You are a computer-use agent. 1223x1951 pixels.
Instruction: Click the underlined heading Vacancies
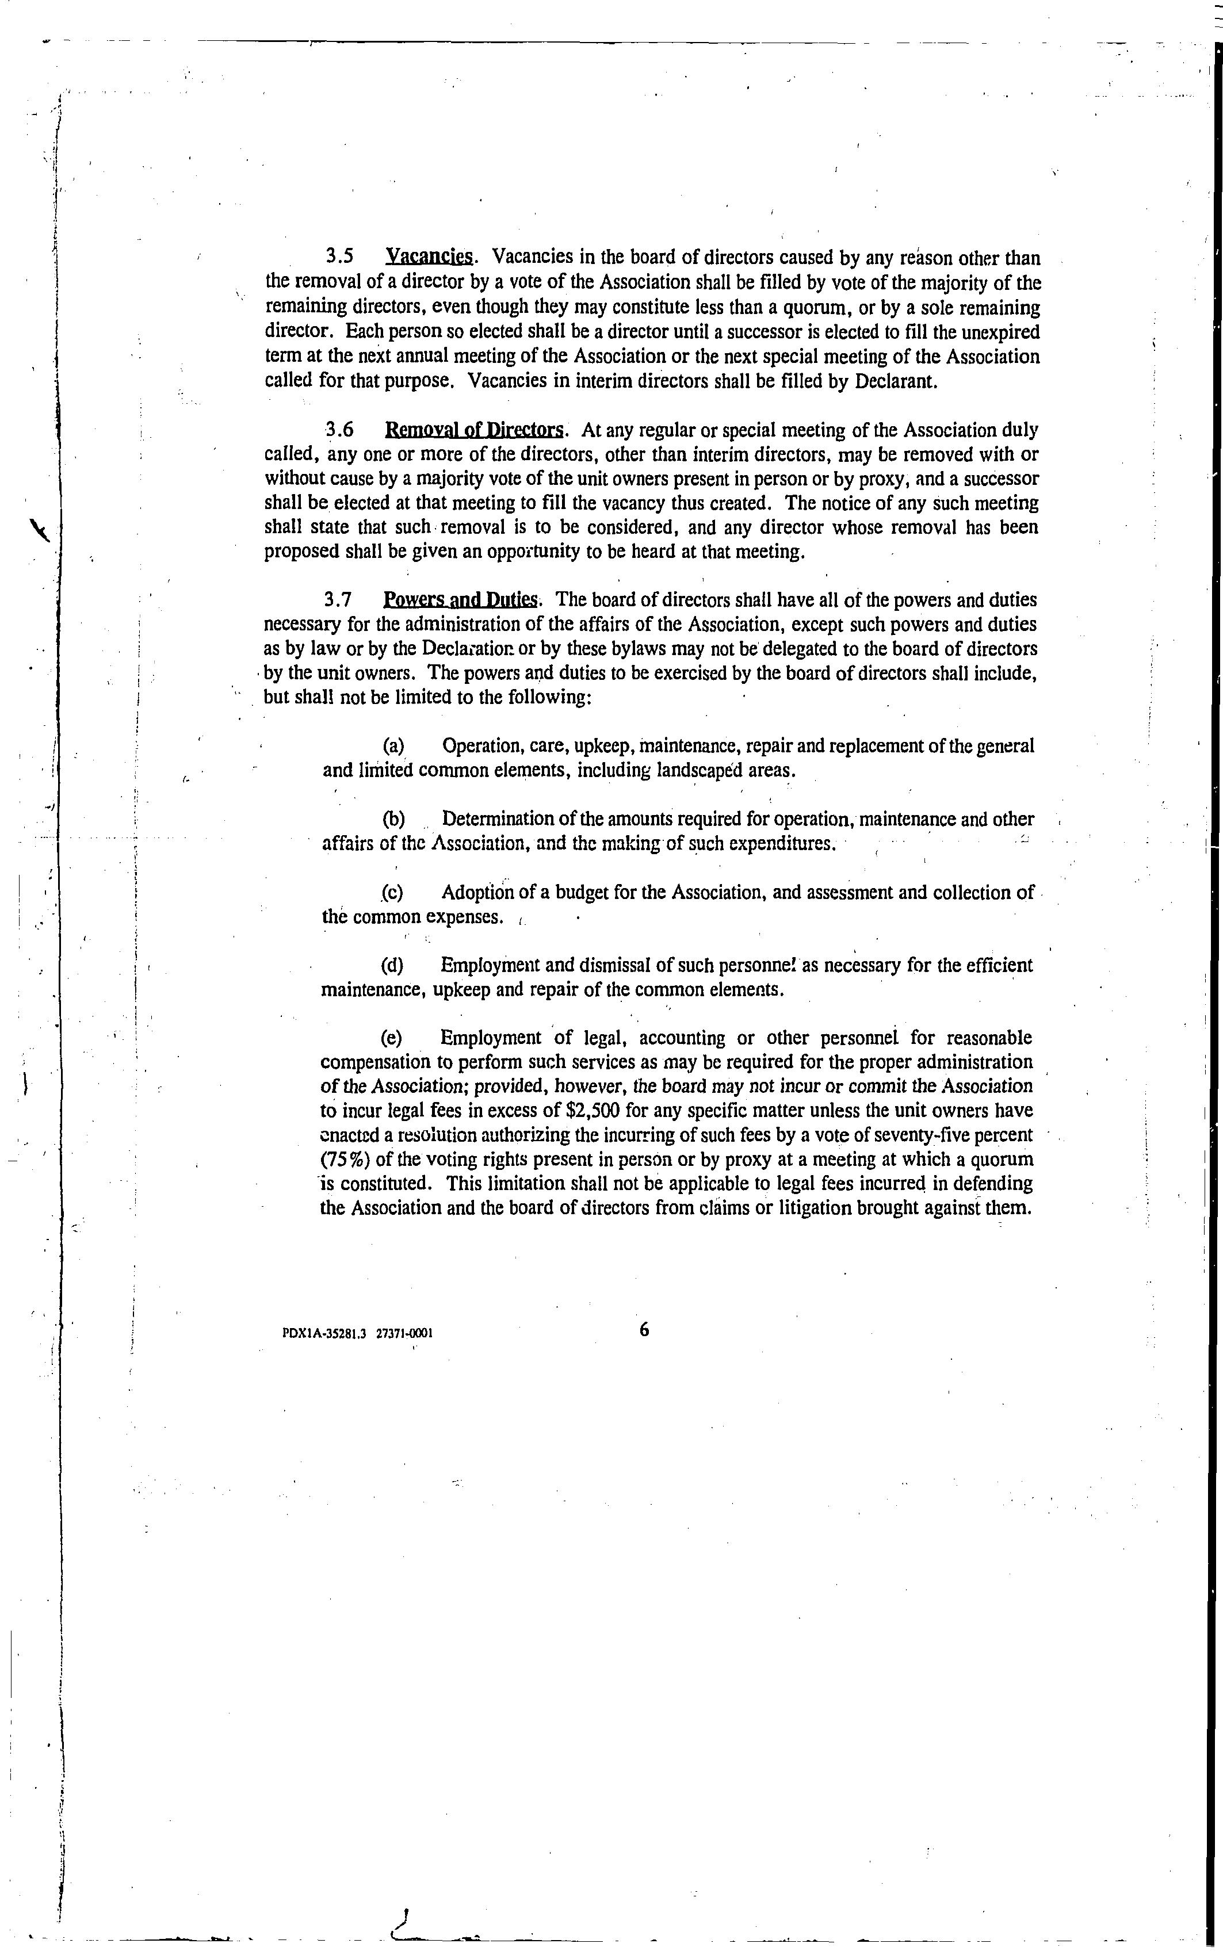click(x=429, y=258)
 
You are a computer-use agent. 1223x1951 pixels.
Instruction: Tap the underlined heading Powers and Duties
click(x=460, y=600)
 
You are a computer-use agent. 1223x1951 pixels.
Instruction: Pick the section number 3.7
click(x=338, y=600)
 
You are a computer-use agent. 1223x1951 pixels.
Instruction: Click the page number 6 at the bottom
click(x=644, y=1329)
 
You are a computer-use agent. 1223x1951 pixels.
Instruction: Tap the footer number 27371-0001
click(x=404, y=1334)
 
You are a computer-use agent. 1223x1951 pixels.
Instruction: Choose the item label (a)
click(x=394, y=745)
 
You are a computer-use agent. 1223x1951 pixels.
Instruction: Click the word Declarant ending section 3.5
click(x=896, y=381)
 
